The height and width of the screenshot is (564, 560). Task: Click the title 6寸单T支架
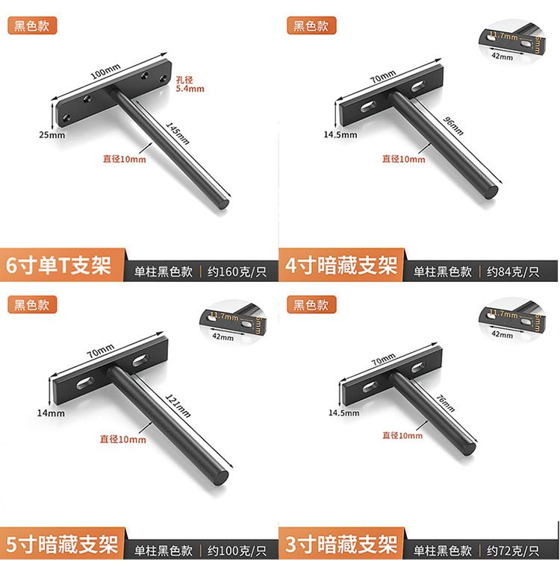click(58, 266)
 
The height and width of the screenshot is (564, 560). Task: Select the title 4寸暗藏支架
click(341, 266)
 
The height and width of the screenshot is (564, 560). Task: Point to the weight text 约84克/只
click(513, 272)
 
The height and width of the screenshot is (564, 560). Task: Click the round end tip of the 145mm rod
click(223, 202)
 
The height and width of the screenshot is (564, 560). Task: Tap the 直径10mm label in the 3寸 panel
click(402, 436)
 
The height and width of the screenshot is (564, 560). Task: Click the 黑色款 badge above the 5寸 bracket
click(32, 304)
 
